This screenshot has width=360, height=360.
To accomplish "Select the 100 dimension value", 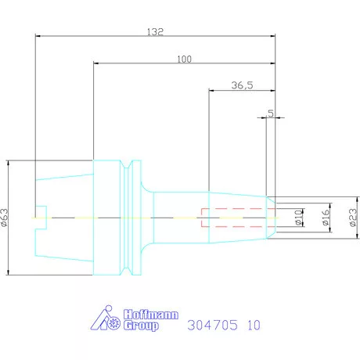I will (x=184, y=59).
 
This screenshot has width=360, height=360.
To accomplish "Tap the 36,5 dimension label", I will (x=243, y=85).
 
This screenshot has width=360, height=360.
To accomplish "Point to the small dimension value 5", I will (x=271, y=113).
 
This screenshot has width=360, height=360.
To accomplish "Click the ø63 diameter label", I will (x=6, y=217).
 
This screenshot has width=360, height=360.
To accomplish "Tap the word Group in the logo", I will (x=140, y=325).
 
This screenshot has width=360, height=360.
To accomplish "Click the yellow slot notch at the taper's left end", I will (x=42, y=217).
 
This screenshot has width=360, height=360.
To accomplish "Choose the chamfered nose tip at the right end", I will (x=271, y=217).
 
